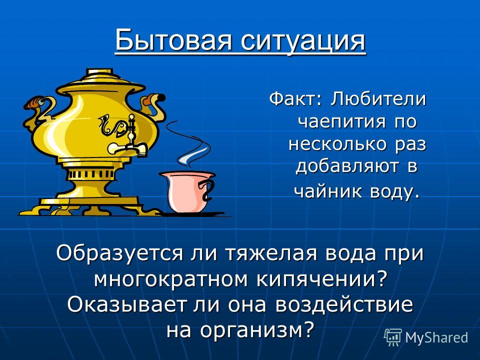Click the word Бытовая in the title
pos(173,40)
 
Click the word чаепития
pos(342,121)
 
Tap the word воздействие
pos(344,305)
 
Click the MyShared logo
pos(426,337)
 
